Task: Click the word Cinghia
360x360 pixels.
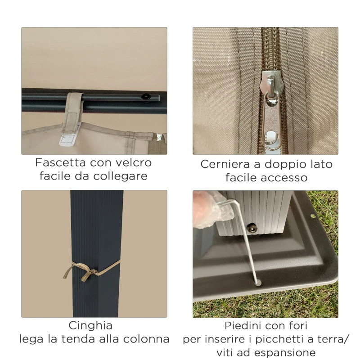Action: tap(90, 325)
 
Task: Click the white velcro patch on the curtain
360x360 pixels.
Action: tap(68, 139)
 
